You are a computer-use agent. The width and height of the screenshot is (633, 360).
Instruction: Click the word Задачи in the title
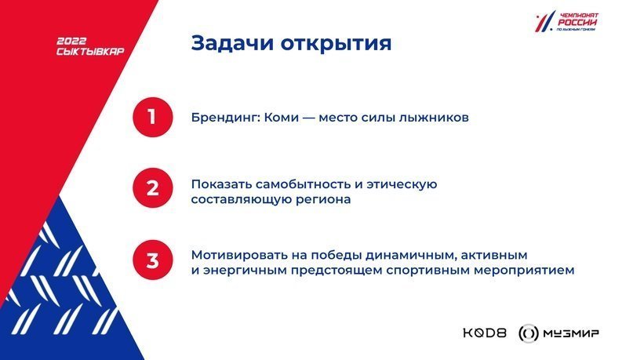coord(232,43)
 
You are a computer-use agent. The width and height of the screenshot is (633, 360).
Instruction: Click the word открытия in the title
coord(336,44)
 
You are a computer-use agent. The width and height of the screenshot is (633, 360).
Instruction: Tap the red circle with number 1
coord(153,117)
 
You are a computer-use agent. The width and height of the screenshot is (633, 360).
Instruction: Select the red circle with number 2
coord(153,188)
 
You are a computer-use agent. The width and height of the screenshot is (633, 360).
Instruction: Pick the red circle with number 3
coord(153,260)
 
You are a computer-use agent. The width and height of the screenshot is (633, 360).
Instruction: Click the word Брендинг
coord(226,118)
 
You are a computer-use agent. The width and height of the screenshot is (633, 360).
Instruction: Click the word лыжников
coord(434,118)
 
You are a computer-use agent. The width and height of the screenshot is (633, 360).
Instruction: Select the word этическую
coord(402,185)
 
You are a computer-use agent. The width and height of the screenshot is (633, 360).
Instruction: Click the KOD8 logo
coord(485,333)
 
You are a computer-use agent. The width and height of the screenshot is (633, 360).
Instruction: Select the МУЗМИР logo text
coord(571,333)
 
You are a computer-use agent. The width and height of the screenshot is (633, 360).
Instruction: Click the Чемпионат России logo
coord(567,21)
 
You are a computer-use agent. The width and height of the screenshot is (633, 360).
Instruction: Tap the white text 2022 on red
coord(71,41)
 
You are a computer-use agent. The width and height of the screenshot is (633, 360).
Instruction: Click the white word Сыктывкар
coord(90,51)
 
